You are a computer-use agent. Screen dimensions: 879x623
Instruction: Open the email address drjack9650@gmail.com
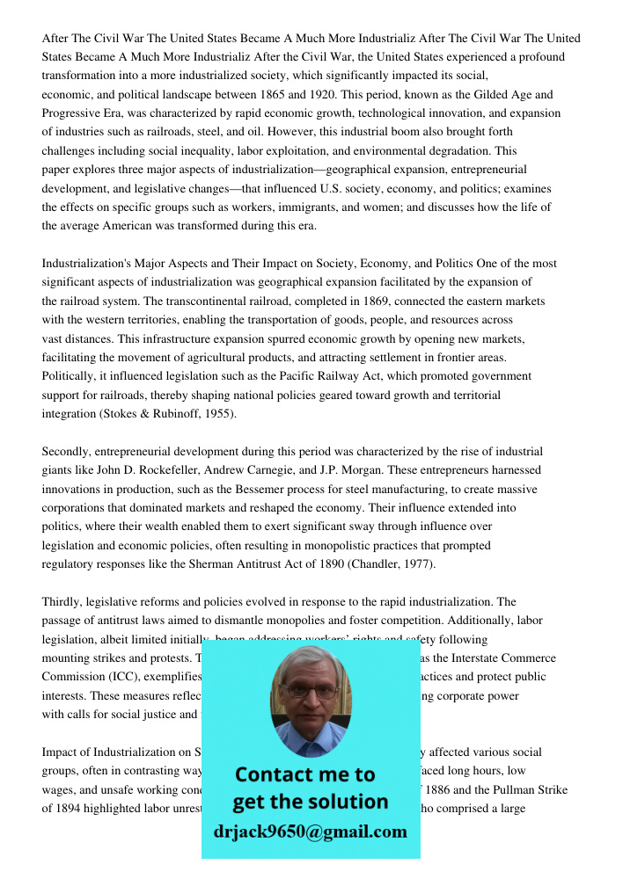pyautogui.click(x=311, y=832)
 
